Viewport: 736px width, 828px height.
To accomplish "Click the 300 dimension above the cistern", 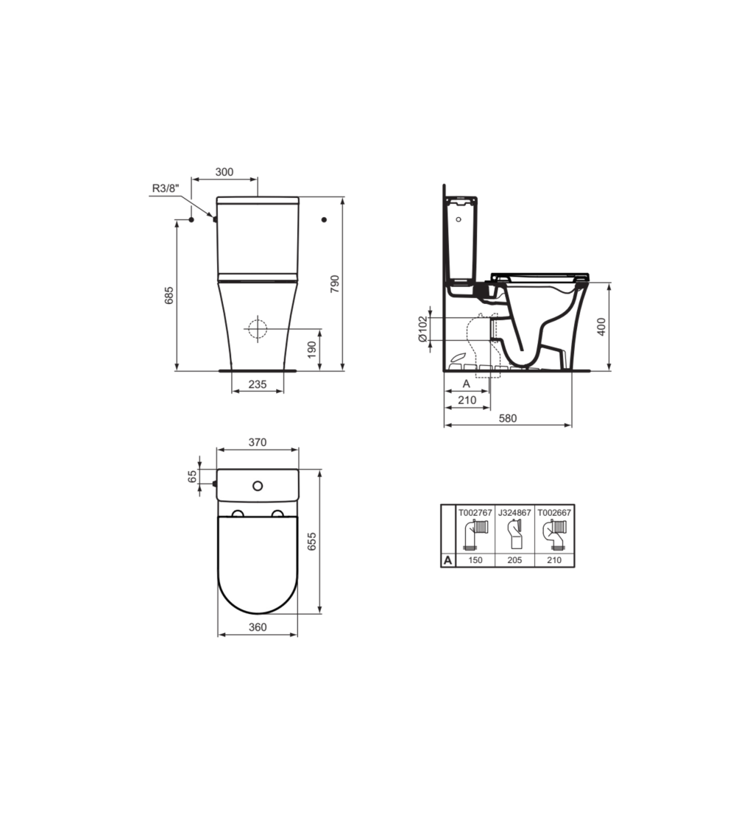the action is pos(224,171).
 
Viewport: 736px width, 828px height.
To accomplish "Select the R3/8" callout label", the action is pos(166,188).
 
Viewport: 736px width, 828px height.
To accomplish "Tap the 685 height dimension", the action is pos(169,295).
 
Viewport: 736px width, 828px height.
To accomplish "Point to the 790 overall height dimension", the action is pos(334,284).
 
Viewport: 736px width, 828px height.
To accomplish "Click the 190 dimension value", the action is pos(311,349).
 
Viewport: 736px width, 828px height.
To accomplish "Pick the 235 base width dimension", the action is pos(258,384).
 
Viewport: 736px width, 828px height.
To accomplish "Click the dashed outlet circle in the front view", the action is pos(258,329).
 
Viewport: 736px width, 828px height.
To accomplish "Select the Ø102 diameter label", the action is pos(422,329).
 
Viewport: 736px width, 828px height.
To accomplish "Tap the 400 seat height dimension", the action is pos(601,326).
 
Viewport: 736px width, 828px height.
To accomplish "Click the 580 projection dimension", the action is pos(508,418).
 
